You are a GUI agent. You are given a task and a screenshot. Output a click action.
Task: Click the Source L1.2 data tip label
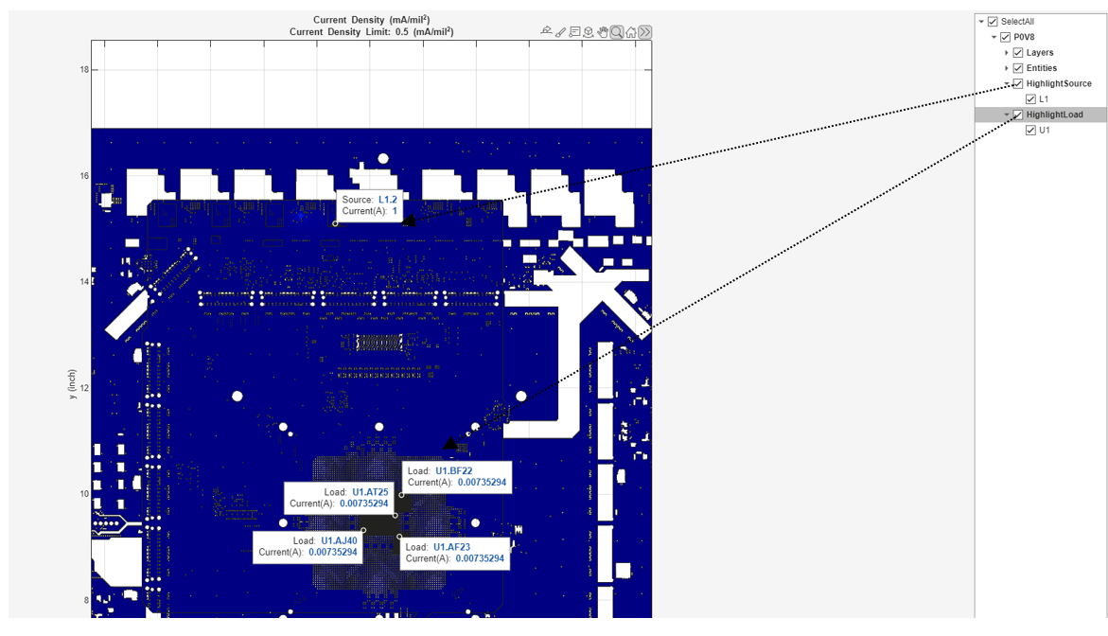click(x=369, y=205)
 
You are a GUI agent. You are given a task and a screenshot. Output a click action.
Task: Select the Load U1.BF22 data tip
click(x=457, y=476)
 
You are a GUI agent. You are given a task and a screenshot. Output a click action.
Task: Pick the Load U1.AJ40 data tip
click(x=308, y=546)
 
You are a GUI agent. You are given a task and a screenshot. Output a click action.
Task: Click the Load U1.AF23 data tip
click(x=456, y=553)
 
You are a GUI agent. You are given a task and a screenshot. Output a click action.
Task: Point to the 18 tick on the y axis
click(x=84, y=70)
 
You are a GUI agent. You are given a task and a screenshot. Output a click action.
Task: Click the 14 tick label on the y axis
click(x=84, y=282)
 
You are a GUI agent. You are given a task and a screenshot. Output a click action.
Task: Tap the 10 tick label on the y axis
click(x=84, y=494)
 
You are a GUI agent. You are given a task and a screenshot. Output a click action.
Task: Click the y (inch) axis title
click(x=72, y=384)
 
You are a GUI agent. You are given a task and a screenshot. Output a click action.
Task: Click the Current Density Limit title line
click(x=371, y=32)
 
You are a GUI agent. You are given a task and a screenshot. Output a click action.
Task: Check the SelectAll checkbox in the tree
click(x=993, y=22)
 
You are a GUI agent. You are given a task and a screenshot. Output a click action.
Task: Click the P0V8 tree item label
click(x=1024, y=38)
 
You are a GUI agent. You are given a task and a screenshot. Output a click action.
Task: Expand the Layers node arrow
click(x=1007, y=53)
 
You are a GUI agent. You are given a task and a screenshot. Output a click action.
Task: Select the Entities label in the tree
click(x=1041, y=68)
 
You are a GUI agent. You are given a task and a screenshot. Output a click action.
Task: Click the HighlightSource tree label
click(x=1058, y=84)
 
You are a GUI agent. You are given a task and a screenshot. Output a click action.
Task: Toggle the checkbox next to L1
click(x=1030, y=99)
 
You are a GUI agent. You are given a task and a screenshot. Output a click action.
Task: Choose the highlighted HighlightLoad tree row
click(x=1054, y=115)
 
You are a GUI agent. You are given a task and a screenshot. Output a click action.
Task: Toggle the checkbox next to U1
click(x=1030, y=131)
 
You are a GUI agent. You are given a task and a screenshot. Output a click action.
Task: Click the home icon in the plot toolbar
click(x=631, y=32)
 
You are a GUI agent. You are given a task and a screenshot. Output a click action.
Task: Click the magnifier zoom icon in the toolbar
click(x=617, y=32)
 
